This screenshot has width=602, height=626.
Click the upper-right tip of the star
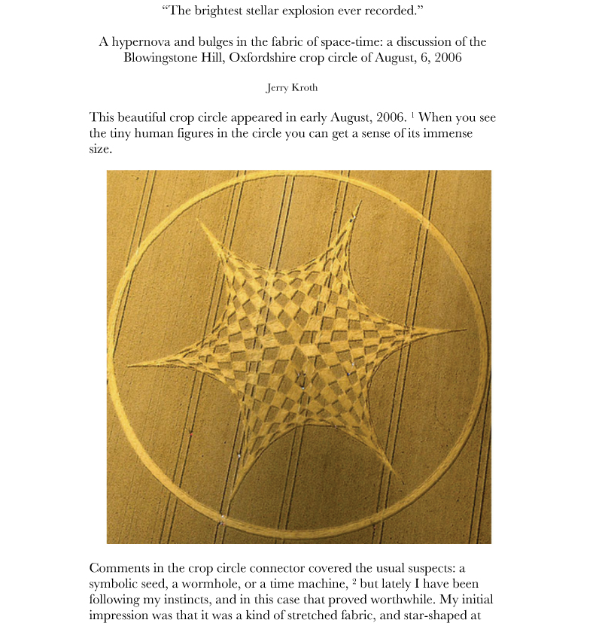pyautogui.click(x=361, y=202)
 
